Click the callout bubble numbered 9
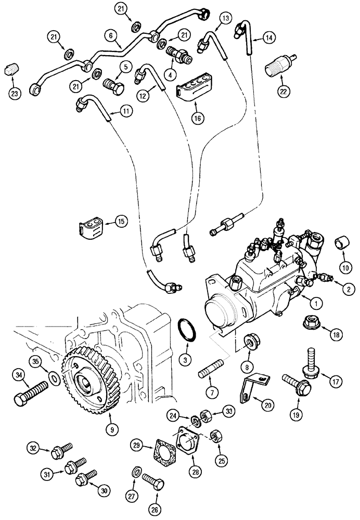pos(110,429)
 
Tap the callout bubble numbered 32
pos(34,448)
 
